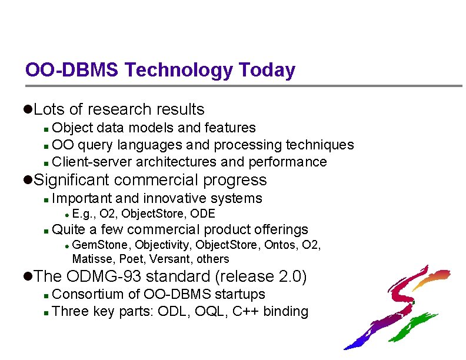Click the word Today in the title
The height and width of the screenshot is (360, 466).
tap(267, 71)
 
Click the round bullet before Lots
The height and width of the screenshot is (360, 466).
tap(28, 109)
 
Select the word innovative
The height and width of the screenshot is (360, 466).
tap(177, 198)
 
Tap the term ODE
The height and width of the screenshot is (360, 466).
tap(204, 214)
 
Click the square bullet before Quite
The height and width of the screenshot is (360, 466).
tap(46, 230)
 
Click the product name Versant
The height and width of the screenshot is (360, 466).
tap(174, 259)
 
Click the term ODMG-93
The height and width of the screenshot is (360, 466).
tap(104, 276)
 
